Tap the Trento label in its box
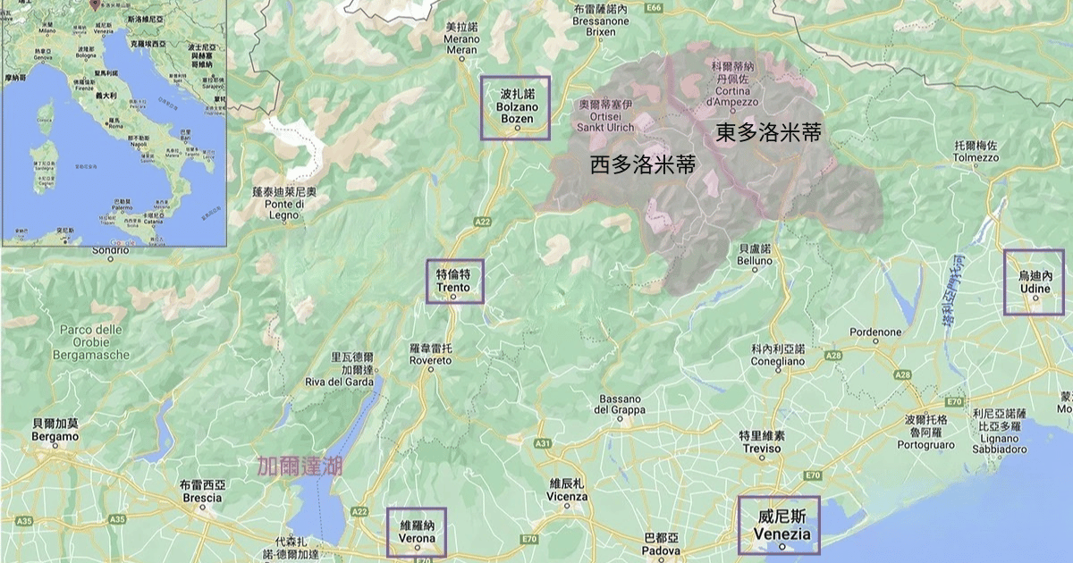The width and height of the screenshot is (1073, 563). pos(454,281)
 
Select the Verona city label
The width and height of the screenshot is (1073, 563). pos(417,533)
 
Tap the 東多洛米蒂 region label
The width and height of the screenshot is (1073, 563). pos(768,133)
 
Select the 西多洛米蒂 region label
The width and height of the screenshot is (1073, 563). pos(643,165)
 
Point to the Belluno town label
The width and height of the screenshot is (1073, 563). pos(756,255)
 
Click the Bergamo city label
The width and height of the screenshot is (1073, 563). pos(55,430)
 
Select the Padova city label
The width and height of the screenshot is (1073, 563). pos(662,545)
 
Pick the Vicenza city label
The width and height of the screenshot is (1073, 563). pos(567,490)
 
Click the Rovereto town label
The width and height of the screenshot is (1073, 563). pos(431,354)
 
